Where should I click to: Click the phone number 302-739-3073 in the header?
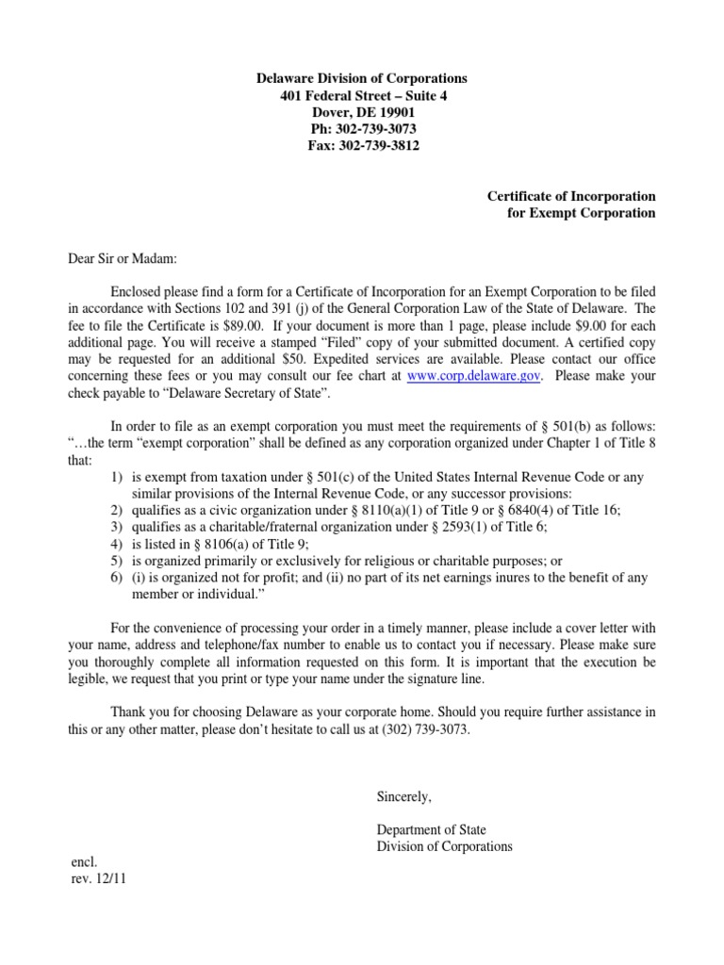[375, 129]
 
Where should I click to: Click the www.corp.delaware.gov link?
[460, 375]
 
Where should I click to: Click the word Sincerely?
[403, 796]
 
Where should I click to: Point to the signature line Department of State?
[431, 829]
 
